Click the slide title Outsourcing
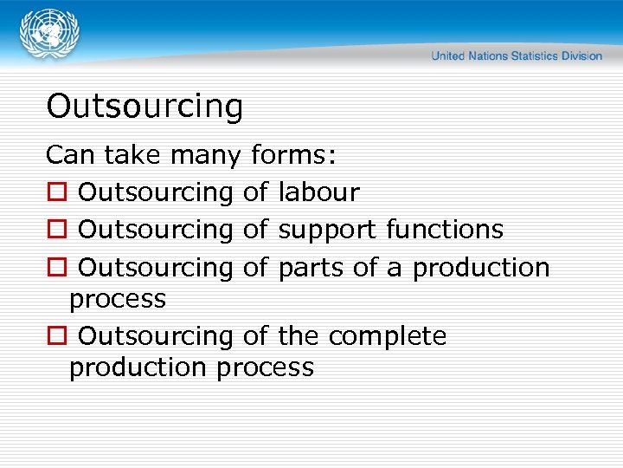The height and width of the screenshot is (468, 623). tap(145, 107)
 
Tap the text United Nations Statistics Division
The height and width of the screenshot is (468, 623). tap(517, 55)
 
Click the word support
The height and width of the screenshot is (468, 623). tap(328, 231)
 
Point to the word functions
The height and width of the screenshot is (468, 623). tap(445, 230)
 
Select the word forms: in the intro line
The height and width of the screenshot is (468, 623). tap(295, 156)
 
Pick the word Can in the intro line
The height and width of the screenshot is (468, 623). tap(69, 155)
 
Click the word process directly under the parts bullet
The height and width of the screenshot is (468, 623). tap(118, 300)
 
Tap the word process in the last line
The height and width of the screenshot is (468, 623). tap(266, 367)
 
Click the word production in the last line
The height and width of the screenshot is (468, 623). tap(138, 367)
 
